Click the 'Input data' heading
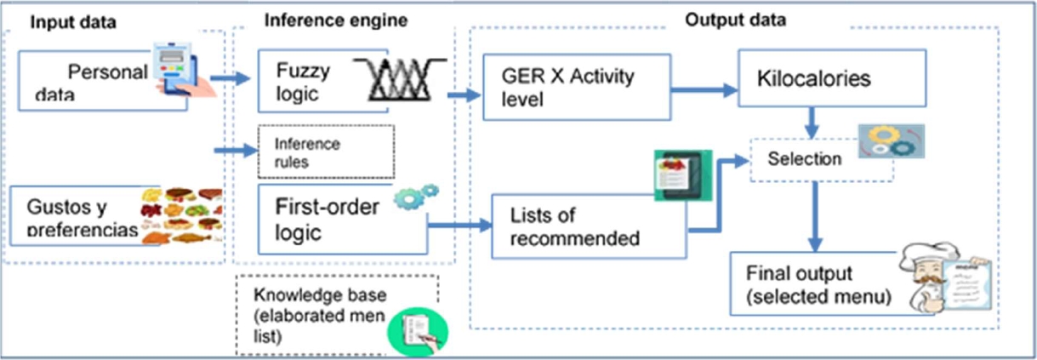click(73, 22)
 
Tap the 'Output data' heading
click(735, 20)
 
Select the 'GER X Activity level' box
click(575, 87)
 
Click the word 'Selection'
click(804, 159)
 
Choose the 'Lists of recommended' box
click(588, 226)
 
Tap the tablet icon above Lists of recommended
click(682, 175)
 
